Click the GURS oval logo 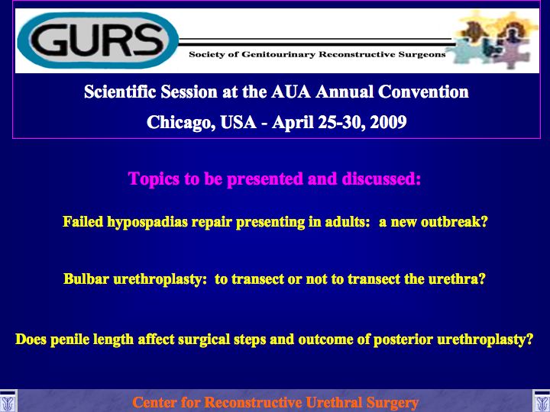(x=98, y=40)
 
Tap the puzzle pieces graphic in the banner (x=494, y=39)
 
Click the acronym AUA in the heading (x=291, y=92)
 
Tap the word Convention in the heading (x=423, y=92)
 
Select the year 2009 (x=388, y=122)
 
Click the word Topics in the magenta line (x=154, y=179)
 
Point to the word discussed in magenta (x=381, y=179)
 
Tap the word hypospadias (x=147, y=223)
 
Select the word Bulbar (x=86, y=279)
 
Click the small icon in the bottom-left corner (x=8, y=401)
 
